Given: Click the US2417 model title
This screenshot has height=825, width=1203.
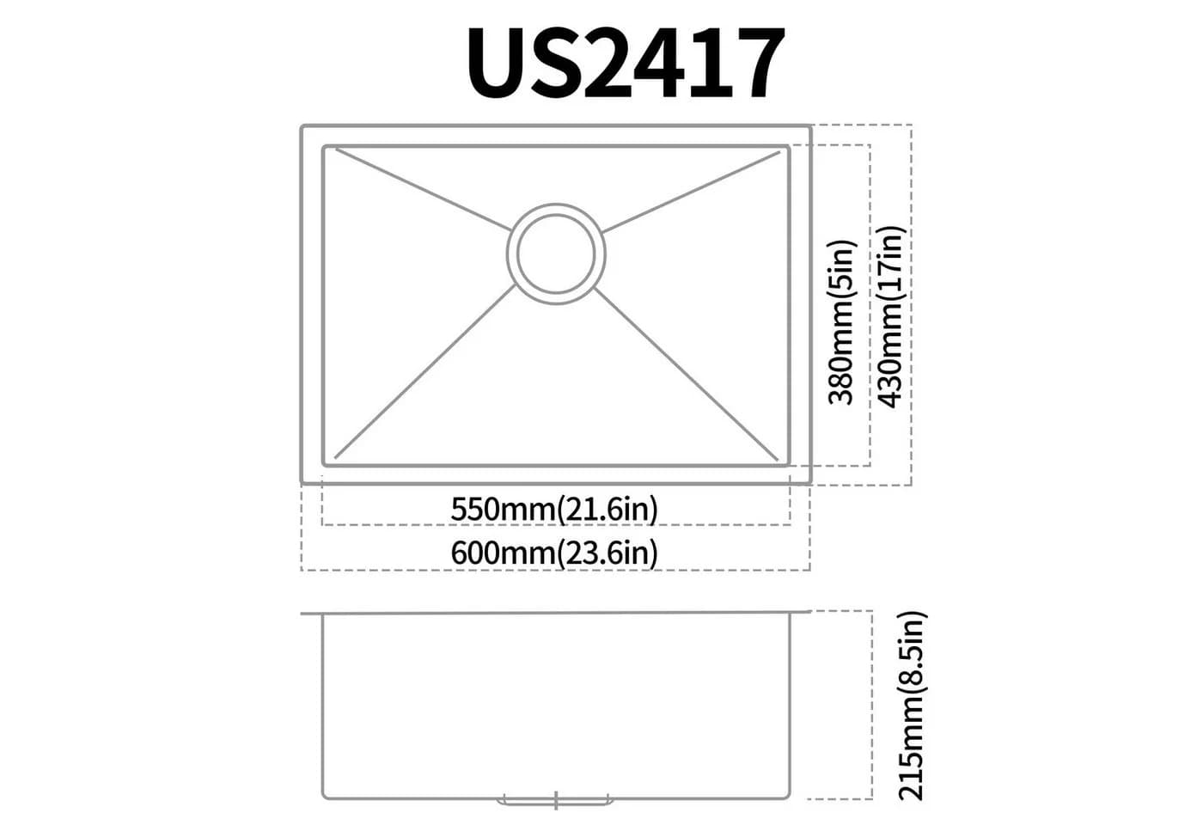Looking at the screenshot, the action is pyautogui.click(x=626, y=62).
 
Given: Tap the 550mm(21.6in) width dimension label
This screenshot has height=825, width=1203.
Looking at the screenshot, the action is pyautogui.click(x=554, y=509).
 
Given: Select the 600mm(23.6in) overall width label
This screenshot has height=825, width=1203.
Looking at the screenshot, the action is pyautogui.click(x=554, y=553).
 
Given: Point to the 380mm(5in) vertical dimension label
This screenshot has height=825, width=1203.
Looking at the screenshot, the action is pyautogui.click(x=841, y=322).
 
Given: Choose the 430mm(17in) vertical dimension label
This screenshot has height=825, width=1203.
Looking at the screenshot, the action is pyautogui.click(x=891, y=317).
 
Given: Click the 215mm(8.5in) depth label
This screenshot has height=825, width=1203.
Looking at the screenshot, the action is pyautogui.click(x=911, y=706).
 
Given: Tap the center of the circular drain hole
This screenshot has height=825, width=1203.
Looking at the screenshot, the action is pyautogui.click(x=556, y=254).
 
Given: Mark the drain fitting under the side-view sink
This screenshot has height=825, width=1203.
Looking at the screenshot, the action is pyautogui.click(x=556, y=800).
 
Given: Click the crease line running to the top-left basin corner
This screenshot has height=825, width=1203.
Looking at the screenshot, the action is pyautogui.click(x=423, y=189).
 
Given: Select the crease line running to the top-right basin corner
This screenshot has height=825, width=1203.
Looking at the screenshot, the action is pyautogui.click(x=691, y=192).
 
